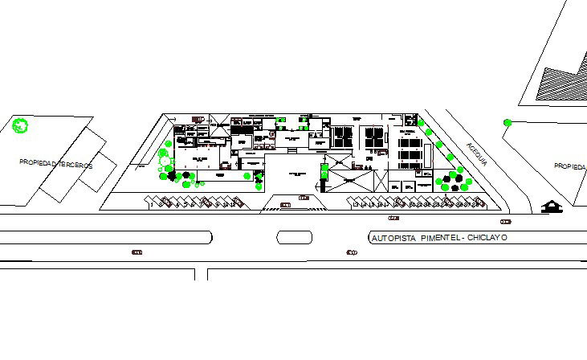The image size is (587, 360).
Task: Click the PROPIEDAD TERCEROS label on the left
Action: coord(56,164)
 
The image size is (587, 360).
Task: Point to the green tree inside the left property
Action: coord(21,125)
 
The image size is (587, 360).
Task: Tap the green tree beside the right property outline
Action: coord(508,122)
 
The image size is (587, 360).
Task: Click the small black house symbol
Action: coord(552,207)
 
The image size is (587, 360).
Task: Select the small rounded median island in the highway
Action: coord(294,237)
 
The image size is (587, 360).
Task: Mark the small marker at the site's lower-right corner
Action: coord(505,220)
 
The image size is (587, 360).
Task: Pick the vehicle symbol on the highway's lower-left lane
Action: coord(137,253)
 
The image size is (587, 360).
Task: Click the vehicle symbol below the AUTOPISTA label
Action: coord(351,253)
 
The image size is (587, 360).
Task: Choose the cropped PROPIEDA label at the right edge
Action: coord(569,166)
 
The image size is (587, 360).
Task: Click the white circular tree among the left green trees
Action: coord(163,160)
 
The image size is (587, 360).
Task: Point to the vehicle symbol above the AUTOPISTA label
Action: coord(393,218)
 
